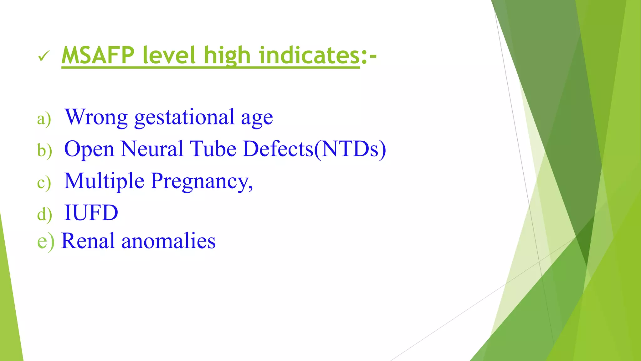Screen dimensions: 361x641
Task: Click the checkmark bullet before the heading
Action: tap(43, 56)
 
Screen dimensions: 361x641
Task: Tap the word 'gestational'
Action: tap(184, 117)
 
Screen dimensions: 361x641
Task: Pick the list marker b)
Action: tap(44, 150)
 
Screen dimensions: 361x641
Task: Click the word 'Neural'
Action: tap(152, 149)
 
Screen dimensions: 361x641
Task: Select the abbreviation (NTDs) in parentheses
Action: tap(350, 149)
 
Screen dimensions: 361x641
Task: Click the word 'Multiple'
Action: tap(104, 181)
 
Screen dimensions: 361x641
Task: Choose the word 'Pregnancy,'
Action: tap(201, 181)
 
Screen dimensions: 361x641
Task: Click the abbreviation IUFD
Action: tap(91, 213)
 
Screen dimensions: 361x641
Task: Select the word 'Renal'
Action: tap(88, 241)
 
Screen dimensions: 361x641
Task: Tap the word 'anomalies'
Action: tap(168, 241)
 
